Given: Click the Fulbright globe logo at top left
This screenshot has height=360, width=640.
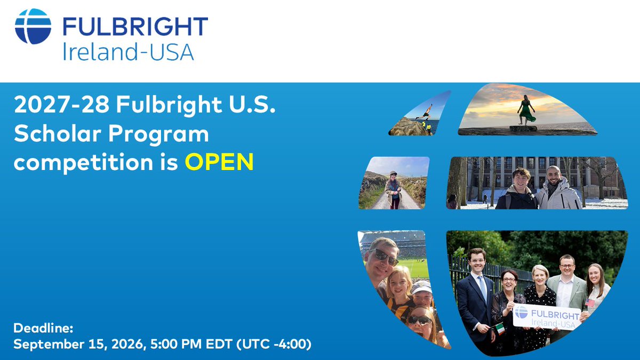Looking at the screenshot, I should click(x=33, y=26).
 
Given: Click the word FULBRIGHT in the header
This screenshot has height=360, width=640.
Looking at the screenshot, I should click(x=135, y=27).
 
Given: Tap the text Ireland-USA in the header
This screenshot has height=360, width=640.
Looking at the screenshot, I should click(x=128, y=52).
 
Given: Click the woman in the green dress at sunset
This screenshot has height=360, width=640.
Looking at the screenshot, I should click(x=525, y=111).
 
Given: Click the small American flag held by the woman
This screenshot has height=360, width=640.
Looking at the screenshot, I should click(x=589, y=302).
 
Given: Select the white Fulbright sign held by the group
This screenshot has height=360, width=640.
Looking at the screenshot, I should click(x=546, y=317).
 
